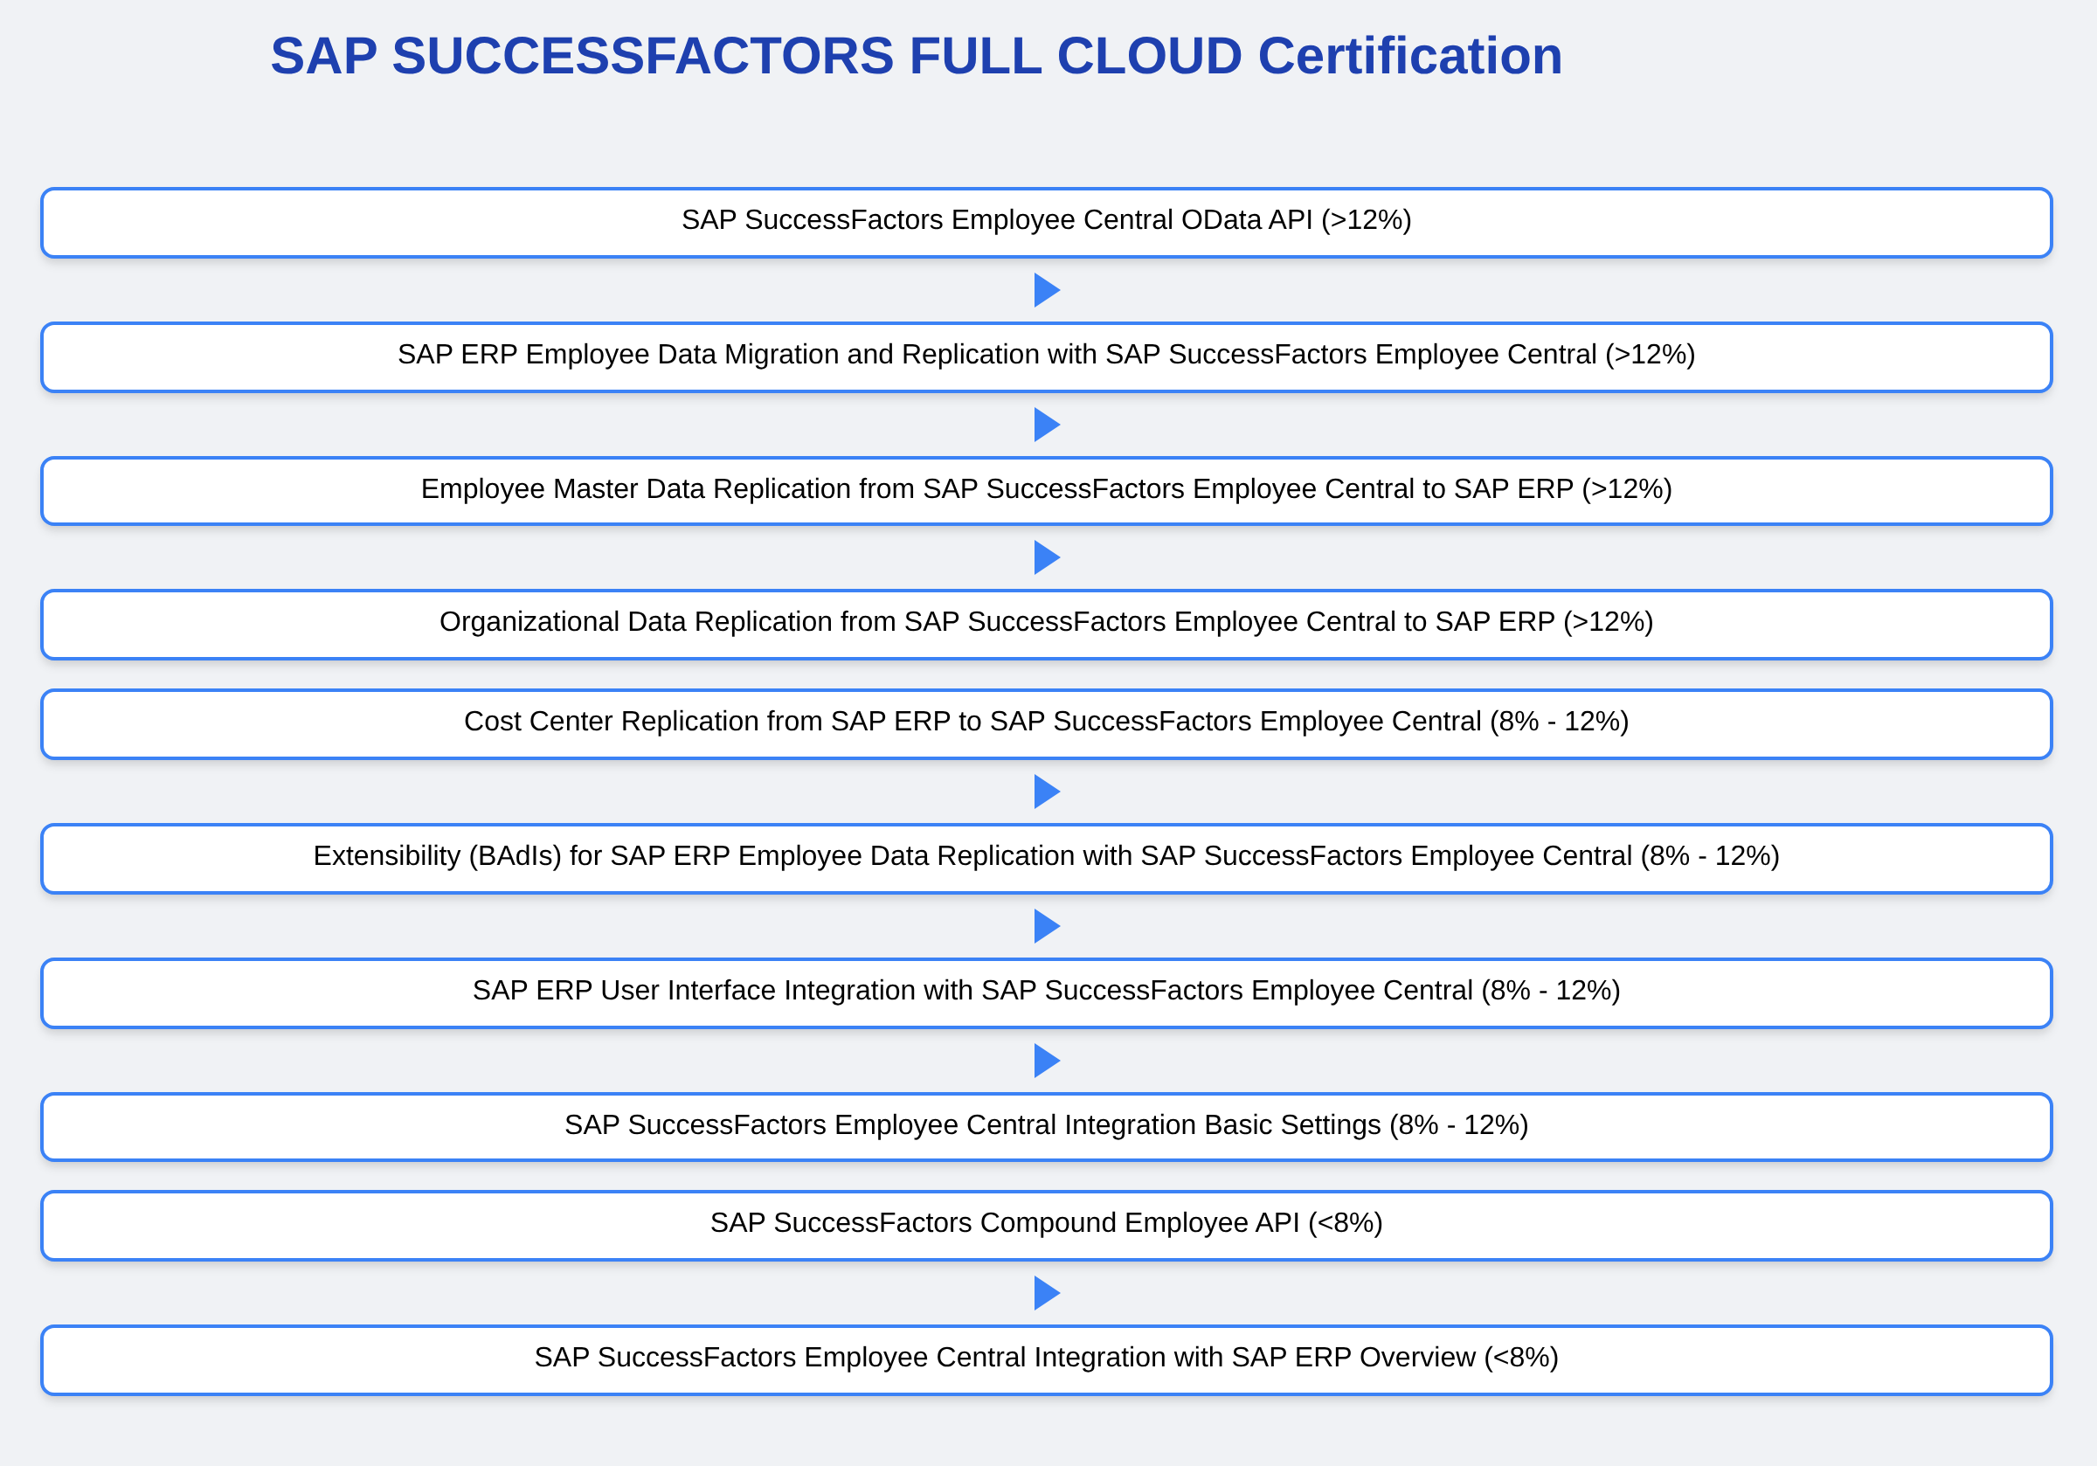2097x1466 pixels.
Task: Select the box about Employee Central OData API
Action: coord(1047,222)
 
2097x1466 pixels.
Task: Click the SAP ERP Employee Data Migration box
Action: coord(1047,356)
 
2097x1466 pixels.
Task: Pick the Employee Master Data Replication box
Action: coord(1047,490)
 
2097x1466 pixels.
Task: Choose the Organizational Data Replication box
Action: coord(1047,624)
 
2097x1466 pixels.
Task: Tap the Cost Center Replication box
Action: coord(1047,723)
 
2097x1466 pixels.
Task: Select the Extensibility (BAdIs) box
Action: coord(1047,858)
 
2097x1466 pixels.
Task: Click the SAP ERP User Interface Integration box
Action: coord(1047,992)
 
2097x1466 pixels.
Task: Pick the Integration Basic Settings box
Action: coord(1047,1126)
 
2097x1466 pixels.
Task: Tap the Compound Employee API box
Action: coord(1047,1225)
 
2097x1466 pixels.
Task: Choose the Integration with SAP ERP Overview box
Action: coord(1047,1359)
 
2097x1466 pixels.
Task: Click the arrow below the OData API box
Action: coord(1047,289)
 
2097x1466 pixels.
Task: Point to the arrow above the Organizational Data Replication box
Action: coord(1047,557)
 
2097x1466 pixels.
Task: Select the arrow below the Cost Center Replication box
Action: coord(1047,791)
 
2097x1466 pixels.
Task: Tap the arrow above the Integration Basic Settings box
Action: coord(1047,1060)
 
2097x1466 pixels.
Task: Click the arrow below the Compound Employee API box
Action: coord(1047,1292)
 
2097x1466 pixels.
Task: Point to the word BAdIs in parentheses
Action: coord(515,856)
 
